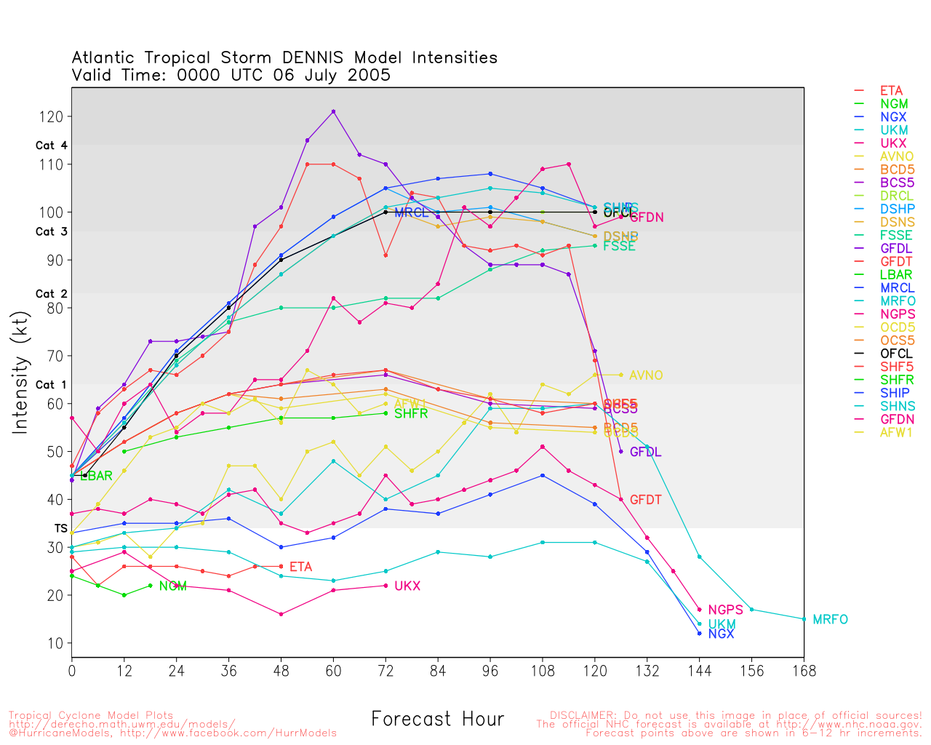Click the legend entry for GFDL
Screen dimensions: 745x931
point(895,249)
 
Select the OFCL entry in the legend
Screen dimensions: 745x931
point(895,354)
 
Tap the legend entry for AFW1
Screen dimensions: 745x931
point(895,432)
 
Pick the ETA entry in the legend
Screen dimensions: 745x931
point(891,91)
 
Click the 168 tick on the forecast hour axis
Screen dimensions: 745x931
point(804,671)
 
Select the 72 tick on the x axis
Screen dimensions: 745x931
point(385,671)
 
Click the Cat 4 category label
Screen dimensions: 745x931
point(51,146)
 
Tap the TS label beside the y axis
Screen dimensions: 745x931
point(60,528)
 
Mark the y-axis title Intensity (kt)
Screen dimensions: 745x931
point(20,372)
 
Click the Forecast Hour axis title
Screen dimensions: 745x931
point(437,720)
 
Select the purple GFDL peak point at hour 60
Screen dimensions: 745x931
point(333,111)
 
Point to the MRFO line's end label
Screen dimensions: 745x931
point(830,620)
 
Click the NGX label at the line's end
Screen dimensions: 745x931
point(721,634)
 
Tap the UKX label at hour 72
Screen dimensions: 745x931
point(407,586)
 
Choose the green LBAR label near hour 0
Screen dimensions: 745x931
point(96,477)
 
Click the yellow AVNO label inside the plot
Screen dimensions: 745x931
point(646,375)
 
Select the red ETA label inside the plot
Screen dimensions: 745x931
point(300,567)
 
